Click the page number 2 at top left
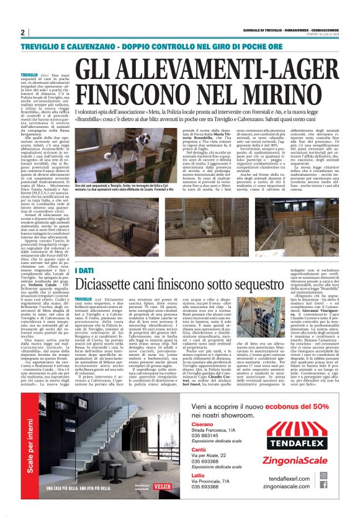[23, 32]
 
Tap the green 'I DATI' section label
[84, 271]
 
